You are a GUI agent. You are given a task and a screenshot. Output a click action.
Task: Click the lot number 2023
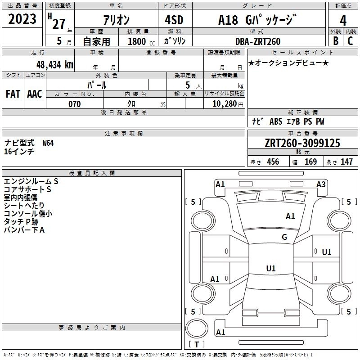(22, 19)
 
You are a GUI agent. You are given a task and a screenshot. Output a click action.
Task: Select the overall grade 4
(343, 21)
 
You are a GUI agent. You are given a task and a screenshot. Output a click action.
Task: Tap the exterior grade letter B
(336, 41)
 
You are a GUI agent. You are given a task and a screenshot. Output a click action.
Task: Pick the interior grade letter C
(350, 41)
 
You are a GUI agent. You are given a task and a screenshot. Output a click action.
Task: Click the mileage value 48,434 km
(54, 65)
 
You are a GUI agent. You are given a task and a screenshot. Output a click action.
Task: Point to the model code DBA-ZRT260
(258, 41)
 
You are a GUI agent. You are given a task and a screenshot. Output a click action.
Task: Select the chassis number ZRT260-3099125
(302, 143)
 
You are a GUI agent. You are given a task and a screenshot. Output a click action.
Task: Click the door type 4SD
(174, 20)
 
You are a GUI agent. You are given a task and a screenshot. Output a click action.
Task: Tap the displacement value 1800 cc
(141, 41)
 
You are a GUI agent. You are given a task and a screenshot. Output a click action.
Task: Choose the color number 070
(75, 104)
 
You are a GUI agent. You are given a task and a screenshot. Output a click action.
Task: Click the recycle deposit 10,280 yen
(228, 104)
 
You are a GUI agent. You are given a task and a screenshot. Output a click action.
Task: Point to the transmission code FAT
(13, 94)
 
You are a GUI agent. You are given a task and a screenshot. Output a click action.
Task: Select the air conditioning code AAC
(35, 94)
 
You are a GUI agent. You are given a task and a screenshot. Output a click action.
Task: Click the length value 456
(273, 162)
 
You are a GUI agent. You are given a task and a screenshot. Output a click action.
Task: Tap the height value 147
(346, 162)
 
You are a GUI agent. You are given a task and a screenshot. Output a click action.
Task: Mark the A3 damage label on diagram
(321, 184)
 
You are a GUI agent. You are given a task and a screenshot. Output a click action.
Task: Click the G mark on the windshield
(284, 237)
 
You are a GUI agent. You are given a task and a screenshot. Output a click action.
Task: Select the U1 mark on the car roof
(271, 268)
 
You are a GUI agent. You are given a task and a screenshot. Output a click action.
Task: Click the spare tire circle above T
(197, 328)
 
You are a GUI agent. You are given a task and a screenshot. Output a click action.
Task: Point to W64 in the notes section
(48, 143)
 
